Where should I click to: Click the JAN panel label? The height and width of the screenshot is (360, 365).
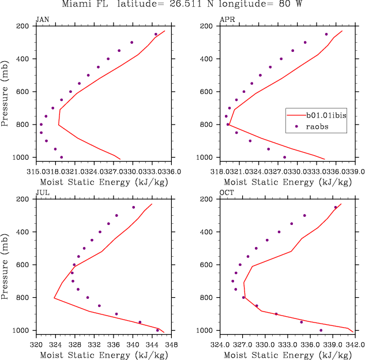42,19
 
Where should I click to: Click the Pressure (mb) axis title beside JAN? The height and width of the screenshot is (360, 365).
5,91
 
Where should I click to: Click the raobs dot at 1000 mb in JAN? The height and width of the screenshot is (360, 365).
61,157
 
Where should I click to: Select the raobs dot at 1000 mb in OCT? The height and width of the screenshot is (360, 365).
321,330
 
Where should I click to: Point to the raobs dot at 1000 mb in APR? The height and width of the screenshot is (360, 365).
284,157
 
